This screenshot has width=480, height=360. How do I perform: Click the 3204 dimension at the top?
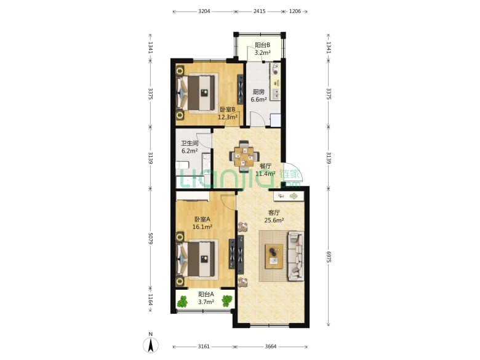point(204,11)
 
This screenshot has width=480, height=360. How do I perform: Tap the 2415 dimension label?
point(259,11)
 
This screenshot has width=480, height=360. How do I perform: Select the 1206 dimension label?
point(295,11)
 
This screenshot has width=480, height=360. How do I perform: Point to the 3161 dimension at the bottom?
point(204,346)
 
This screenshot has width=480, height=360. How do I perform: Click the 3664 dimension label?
point(271,346)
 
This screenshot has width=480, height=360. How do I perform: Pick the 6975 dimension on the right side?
point(329,257)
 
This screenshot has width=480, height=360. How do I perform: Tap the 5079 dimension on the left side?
point(150,238)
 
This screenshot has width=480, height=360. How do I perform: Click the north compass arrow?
point(151,345)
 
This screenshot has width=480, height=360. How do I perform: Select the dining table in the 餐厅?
point(244,156)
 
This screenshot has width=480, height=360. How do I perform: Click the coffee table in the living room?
point(274,257)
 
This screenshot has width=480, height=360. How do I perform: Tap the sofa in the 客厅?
point(295,256)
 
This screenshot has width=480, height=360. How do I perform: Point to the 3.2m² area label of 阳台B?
point(263,53)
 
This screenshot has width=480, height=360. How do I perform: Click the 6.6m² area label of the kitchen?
point(258,100)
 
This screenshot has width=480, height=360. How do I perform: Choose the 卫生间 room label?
point(190,143)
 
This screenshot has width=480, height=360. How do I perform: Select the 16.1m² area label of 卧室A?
point(202,227)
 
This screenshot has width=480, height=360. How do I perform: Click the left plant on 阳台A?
point(182,302)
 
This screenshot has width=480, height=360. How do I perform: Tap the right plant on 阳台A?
point(227,301)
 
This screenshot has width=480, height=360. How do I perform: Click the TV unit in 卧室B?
point(240,89)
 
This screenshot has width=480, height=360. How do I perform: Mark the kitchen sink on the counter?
point(276,94)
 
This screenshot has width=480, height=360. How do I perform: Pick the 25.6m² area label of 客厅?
point(274,220)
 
